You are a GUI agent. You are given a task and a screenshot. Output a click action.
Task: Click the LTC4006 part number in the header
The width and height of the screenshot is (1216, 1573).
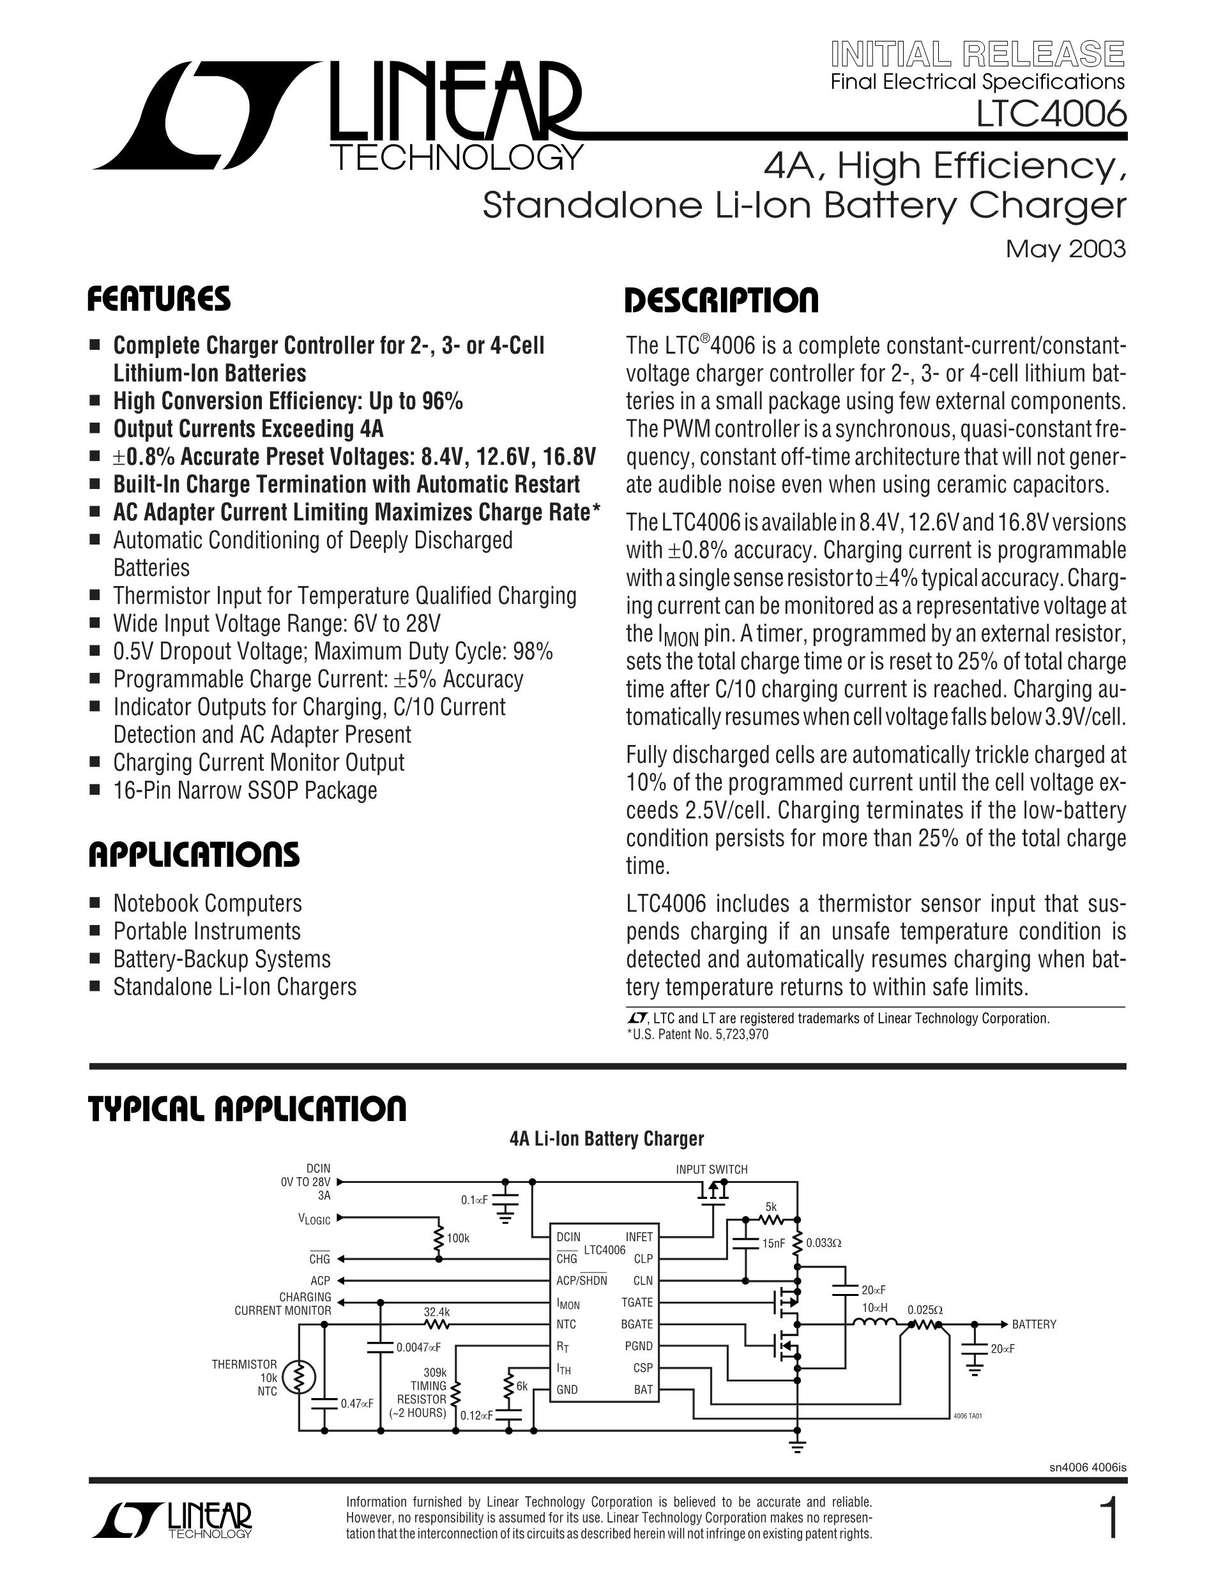point(1051,114)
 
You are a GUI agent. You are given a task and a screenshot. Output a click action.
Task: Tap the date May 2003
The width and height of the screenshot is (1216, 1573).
point(1065,248)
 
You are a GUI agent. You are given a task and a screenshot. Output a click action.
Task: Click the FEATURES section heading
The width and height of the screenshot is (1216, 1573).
point(158,299)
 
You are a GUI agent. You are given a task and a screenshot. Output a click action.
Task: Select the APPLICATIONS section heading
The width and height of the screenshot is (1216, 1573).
point(193,855)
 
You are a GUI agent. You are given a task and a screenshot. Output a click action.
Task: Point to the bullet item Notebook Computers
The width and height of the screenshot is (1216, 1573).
point(208,903)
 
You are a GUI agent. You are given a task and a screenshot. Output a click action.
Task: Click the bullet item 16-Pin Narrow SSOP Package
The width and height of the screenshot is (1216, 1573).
point(245,790)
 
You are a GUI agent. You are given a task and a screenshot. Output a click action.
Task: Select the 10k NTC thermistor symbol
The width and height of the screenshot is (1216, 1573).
point(298,1377)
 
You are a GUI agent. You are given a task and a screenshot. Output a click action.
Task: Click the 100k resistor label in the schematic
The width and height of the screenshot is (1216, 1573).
point(458,1237)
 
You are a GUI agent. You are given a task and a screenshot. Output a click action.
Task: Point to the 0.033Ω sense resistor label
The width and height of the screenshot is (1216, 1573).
point(824,1242)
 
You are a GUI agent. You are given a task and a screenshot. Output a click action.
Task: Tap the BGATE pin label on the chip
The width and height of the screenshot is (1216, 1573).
point(637,1324)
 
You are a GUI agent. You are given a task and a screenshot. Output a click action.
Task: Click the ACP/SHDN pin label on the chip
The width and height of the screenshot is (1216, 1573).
point(581,1280)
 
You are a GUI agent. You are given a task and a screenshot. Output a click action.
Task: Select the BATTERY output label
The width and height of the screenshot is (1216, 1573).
point(1034,1324)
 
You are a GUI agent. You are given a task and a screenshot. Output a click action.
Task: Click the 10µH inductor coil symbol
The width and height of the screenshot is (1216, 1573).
point(875,1321)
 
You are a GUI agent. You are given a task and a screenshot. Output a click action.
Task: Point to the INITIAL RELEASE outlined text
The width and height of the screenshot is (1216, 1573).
point(978,55)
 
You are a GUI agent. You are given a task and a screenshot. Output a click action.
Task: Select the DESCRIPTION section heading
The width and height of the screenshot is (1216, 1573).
point(721,299)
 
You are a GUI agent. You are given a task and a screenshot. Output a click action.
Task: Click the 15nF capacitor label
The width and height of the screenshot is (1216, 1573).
point(773,1242)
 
